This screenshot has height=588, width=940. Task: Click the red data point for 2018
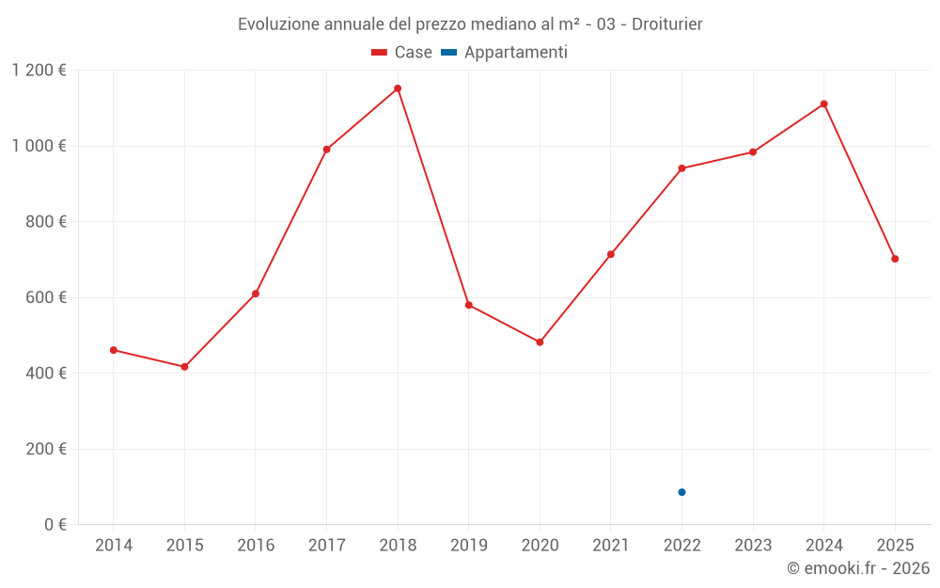[x=398, y=88]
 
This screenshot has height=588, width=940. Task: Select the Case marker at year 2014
[x=114, y=350]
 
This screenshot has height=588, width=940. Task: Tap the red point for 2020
[x=540, y=342]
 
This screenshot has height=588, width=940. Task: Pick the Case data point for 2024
[x=823, y=103]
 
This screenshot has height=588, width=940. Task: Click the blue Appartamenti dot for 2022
[x=681, y=492]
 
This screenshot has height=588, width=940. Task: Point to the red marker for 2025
[x=895, y=259]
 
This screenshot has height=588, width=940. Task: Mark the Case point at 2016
[x=256, y=294]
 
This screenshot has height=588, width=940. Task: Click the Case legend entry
[x=402, y=53]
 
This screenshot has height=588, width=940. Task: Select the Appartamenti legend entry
[x=505, y=53]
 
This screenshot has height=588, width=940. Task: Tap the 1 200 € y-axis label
[x=39, y=71]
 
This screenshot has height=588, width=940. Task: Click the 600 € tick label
[x=45, y=297]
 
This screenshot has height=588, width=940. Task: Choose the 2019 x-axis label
[x=468, y=546]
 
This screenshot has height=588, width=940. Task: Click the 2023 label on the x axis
[x=753, y=546]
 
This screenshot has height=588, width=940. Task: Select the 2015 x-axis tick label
[x=184, y=546]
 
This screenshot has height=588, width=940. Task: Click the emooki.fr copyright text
[x=857, y=568]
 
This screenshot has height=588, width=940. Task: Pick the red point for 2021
[x=611, y=254]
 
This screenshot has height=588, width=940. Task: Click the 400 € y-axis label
[x=45, y=373]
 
